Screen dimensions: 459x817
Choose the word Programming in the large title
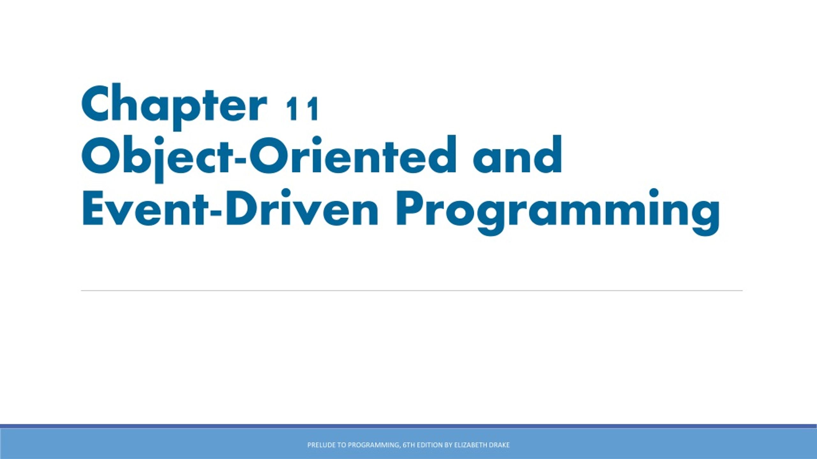pos(557,210)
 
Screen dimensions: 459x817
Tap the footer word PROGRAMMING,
pos(374,445)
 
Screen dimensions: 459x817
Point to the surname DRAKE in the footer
pos(499,445)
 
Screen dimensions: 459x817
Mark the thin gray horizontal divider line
pos(412,291)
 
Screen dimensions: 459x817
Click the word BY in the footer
pos(448,445)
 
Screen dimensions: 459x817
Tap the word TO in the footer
pos(341,445)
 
